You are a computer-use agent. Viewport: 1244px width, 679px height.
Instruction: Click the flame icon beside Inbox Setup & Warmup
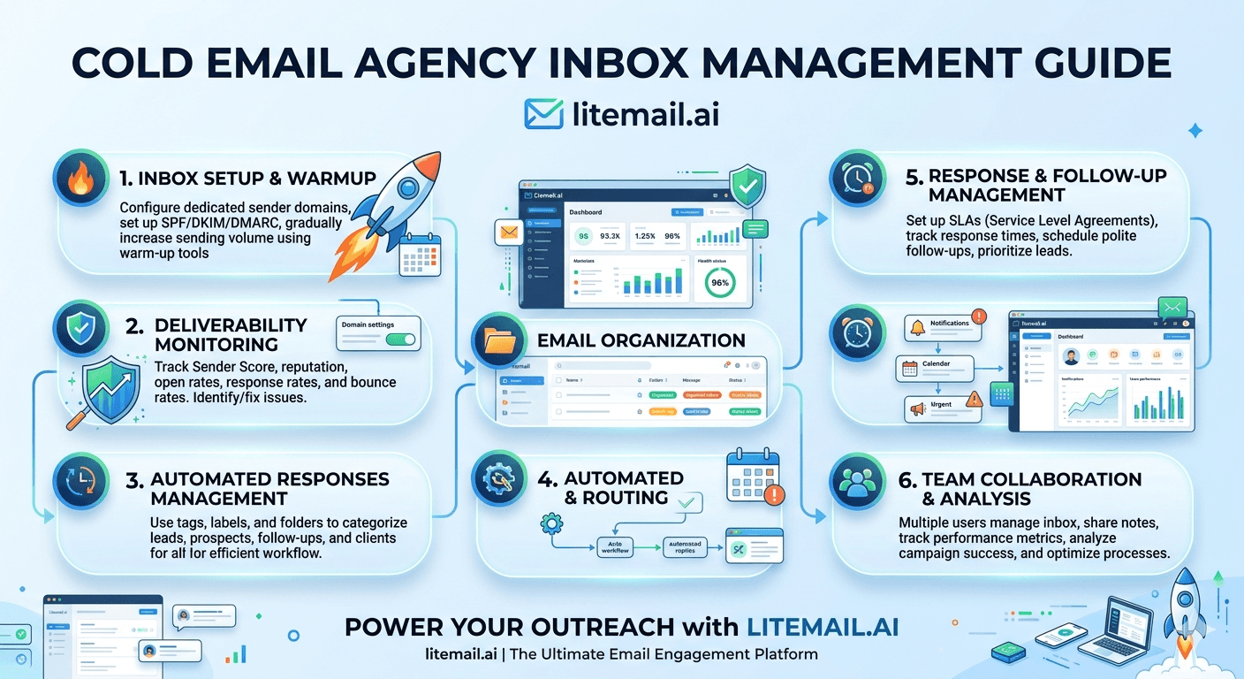click(80, 180)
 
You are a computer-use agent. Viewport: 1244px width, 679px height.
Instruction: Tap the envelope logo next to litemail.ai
click(544, 115)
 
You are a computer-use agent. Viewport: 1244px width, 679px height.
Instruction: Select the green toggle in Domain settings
click(400, 339)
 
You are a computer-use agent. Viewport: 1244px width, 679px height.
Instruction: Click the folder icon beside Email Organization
click(499, 340)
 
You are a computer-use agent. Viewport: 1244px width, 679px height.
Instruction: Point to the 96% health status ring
click(719, 282)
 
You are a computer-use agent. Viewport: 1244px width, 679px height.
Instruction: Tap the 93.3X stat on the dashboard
click(609, 236)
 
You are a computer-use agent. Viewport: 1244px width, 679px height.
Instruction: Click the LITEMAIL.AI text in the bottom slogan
click(823, 627)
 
